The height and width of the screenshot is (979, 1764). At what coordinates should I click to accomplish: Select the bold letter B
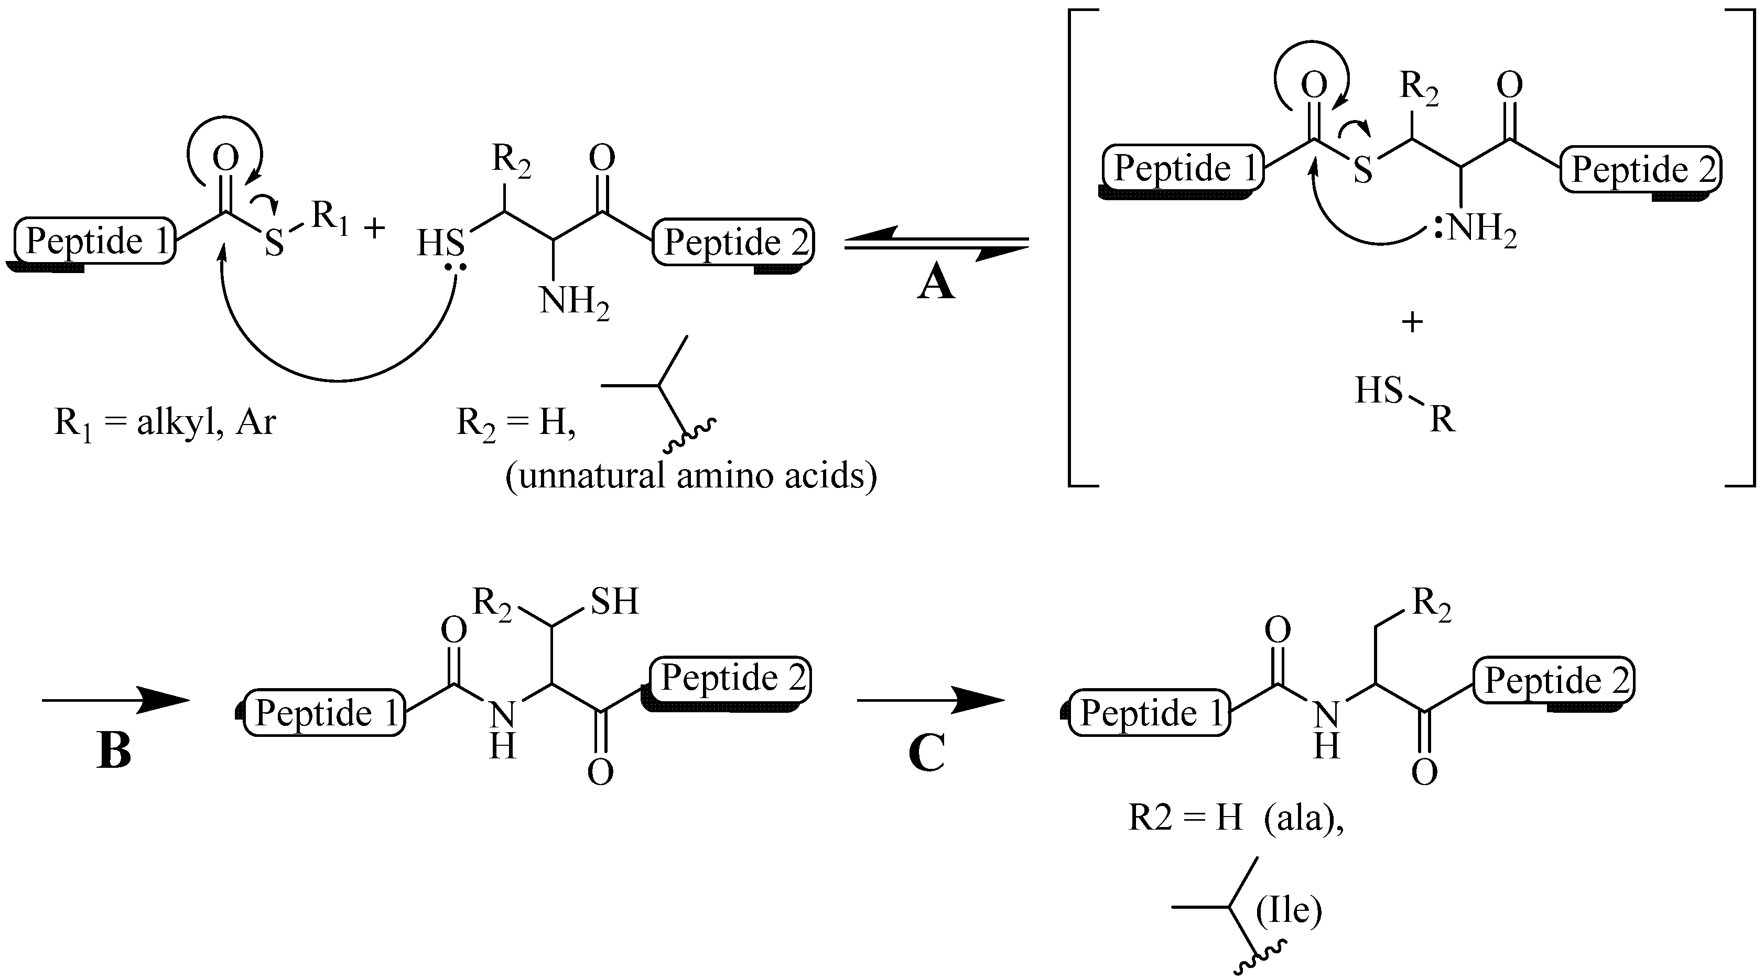pos(114,751)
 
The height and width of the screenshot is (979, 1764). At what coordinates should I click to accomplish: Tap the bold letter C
pos(927,753)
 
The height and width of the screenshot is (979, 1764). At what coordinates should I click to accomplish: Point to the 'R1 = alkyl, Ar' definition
pos(165,423)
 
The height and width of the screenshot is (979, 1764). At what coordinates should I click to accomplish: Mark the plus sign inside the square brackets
pos(1412,322)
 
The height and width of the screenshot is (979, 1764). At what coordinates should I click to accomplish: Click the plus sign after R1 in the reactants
pos(374,228)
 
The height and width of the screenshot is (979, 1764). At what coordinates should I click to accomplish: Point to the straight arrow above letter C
pos(930,700)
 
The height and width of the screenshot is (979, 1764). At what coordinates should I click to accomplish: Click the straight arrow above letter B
pos(115,700)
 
